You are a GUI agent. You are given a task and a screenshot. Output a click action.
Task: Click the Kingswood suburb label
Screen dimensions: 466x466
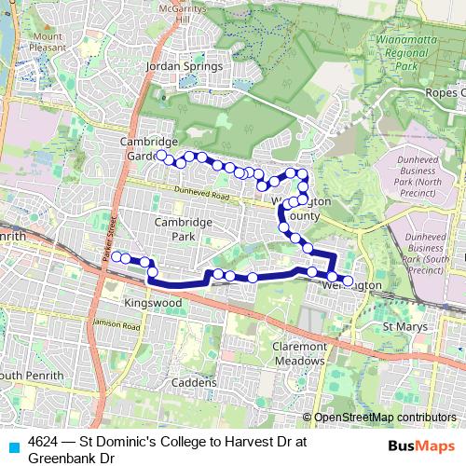[x=151, y=304]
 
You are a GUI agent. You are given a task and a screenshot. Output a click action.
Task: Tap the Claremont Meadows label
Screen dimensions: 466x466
[x=298, y=353]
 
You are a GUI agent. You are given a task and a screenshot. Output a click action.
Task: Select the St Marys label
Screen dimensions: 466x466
[x=404, y=328]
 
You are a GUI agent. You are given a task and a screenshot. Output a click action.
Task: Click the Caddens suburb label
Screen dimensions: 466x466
[x=194, y=382]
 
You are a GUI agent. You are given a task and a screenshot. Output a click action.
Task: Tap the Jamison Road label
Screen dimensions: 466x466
[x=117, y=325]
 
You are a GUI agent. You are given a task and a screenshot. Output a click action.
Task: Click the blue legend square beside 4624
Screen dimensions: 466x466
[x=12, y=445]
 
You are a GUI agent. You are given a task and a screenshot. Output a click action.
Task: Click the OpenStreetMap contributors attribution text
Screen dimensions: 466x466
[x=385, y=418]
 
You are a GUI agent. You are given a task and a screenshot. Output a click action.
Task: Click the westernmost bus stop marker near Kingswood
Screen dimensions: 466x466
[x=116, y=256]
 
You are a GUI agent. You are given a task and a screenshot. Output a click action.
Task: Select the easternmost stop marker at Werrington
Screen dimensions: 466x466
[x=348, y=281]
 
